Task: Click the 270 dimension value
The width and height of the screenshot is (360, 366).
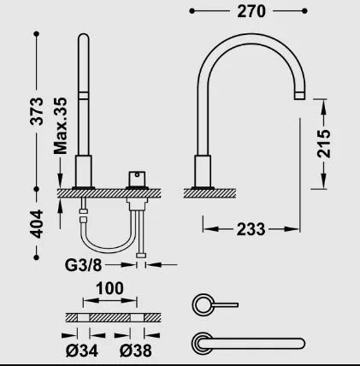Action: coord(251,11)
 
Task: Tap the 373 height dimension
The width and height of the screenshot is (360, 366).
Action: coord(37,111)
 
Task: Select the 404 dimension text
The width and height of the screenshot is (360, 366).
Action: coord(37,224)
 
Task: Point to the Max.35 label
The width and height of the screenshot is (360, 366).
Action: coord(61,126)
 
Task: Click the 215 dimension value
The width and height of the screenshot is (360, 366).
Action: coord(324,144)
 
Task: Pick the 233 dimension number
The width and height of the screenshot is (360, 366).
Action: coord(251,229)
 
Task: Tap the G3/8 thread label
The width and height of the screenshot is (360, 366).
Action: coord(83,265)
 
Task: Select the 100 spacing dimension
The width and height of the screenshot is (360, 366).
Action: coord(109,288)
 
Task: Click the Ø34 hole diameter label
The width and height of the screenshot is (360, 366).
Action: coord(82,351)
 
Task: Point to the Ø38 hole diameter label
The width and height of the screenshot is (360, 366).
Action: coord(136,351)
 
